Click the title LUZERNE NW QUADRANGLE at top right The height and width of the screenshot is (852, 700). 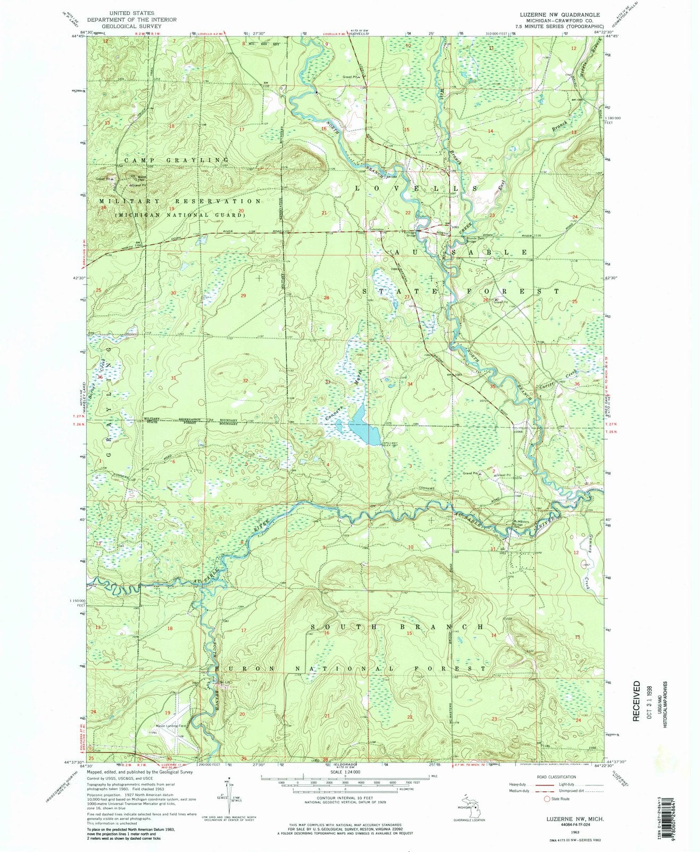(x=563, y=14)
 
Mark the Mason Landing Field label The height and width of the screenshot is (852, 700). (x=173, y=726)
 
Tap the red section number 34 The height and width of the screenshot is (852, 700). (x=410, y=383)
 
